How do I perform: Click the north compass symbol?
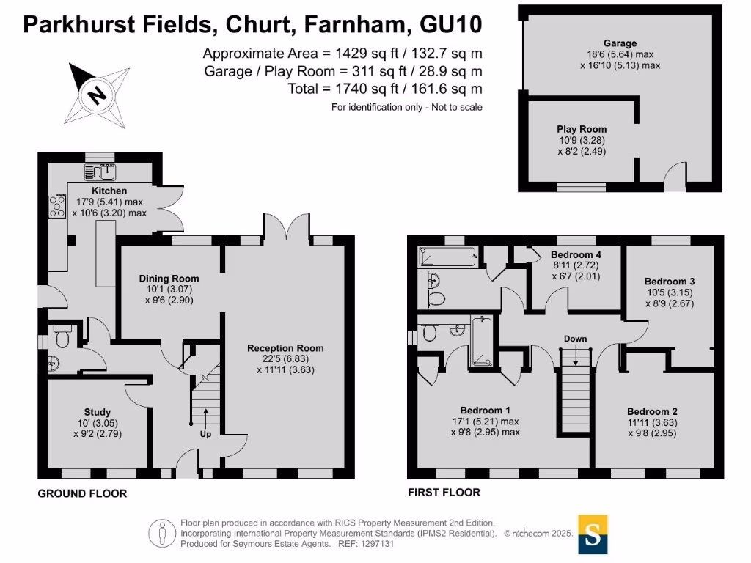click(95, 94)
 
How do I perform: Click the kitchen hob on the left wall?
click(56, 206)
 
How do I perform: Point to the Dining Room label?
click(169, 279)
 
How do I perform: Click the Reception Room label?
click(285, 348)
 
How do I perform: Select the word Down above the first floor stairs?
click(576, 339)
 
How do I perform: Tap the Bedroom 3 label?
click(669, 281)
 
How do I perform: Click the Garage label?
click(620, 43)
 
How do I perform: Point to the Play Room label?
click(582, 129)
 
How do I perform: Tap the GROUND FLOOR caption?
click(82, 493)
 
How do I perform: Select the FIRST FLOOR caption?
click(444, 493)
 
